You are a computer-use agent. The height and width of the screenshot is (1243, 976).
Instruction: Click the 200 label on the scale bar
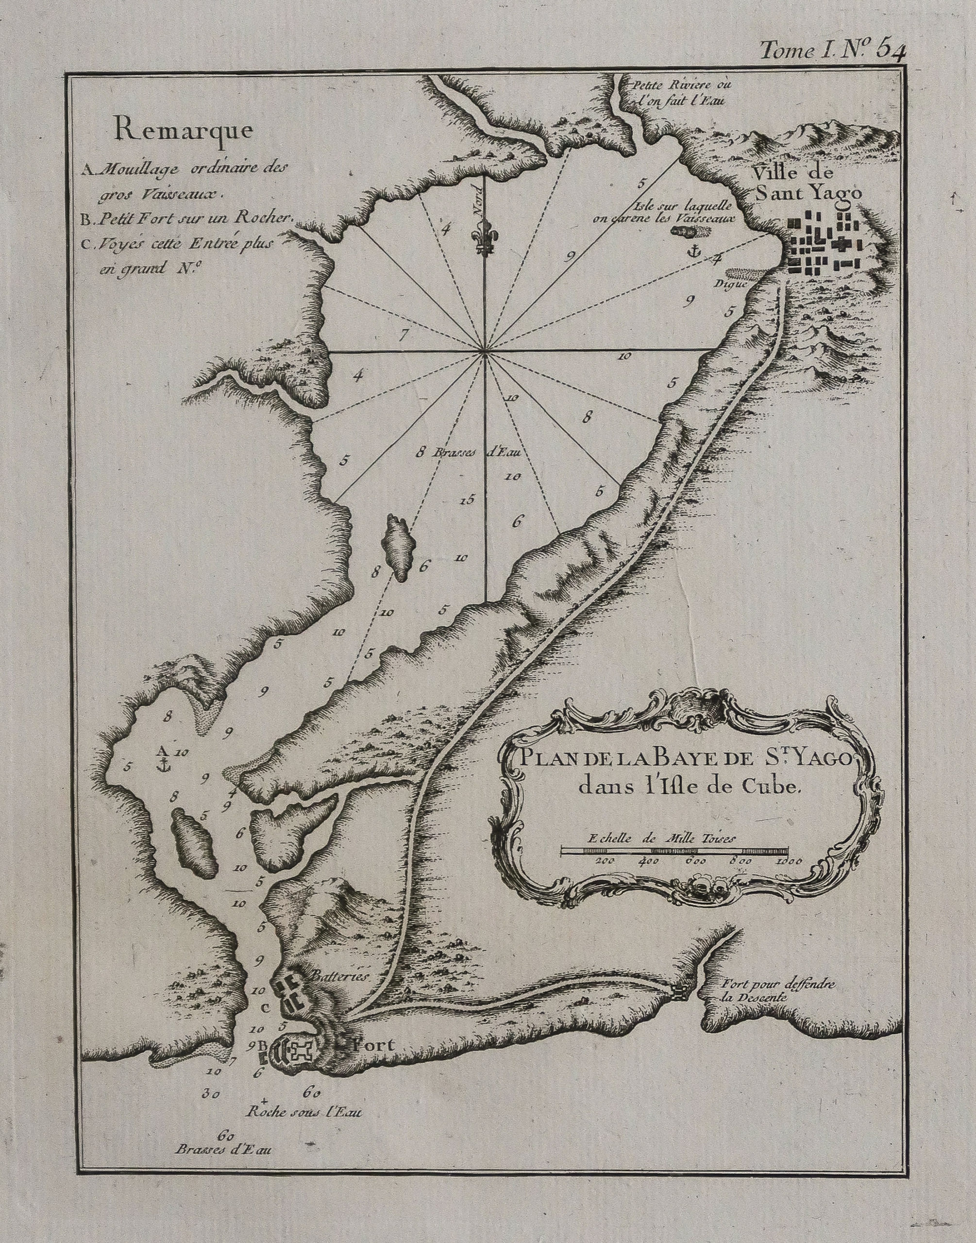tap(604, 861)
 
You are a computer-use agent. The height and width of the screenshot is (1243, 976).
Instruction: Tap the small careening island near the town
tap(691, 231)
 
